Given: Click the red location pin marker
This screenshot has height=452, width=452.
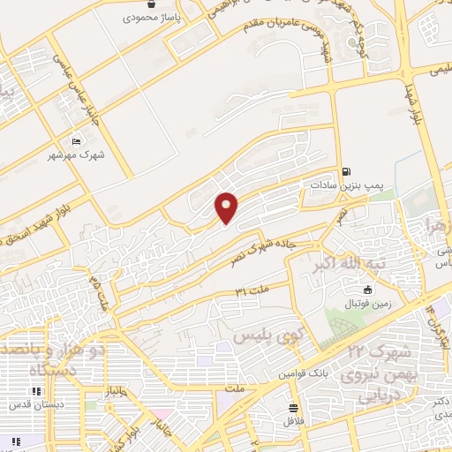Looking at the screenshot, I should pos(228,207).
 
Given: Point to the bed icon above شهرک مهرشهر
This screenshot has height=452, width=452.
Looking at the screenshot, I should pos(75,140).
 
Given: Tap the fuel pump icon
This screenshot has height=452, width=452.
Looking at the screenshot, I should pos(344,171).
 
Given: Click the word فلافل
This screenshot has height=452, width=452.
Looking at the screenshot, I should pos(292,421).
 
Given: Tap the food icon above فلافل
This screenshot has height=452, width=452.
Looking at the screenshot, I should pos(292,408).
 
